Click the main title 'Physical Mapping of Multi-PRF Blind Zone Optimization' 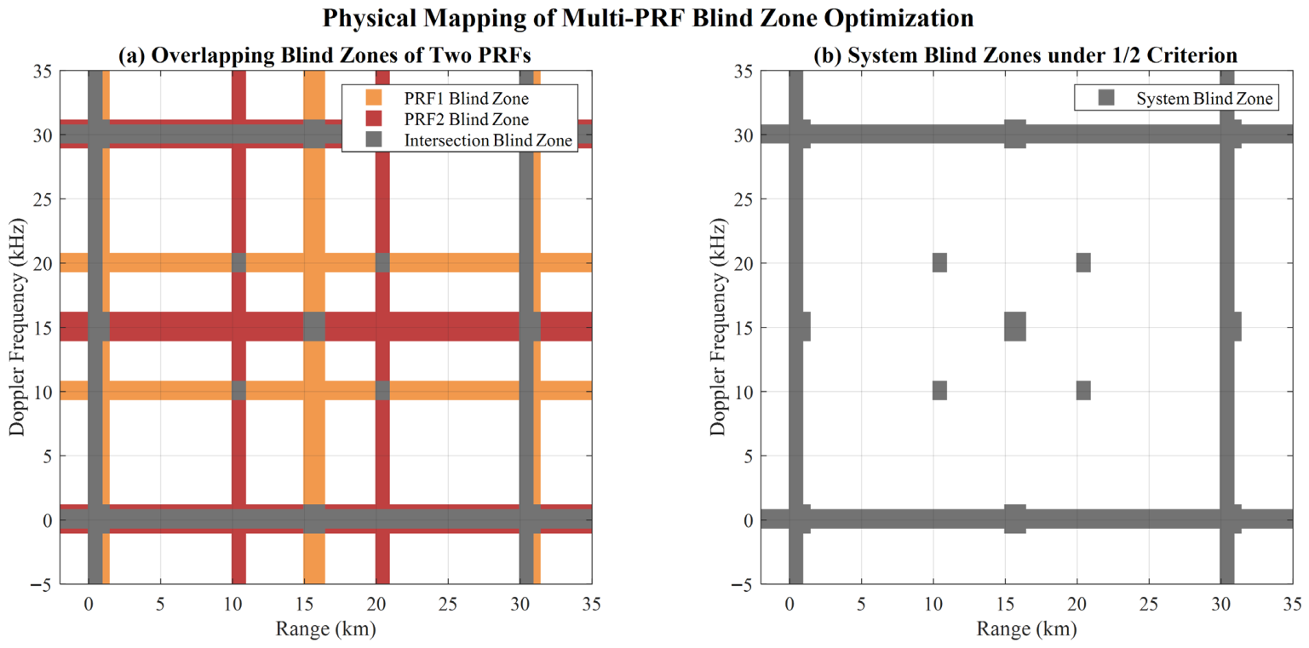click(648, 18)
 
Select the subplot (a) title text click(324, 55)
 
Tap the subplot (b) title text click(1025, 55)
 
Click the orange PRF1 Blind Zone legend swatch click(373, 98)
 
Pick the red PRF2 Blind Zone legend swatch click(373, 118)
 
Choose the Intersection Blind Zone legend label click(488, 140)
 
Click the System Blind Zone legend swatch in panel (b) click(1106, 98)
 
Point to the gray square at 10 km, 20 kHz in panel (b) click(939, 263)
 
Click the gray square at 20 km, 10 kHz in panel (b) click(1083, 390)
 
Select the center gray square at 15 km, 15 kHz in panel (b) click(1016, 327)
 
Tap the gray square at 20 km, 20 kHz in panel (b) click(1083, 263)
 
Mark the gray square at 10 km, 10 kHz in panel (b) click(939, 390)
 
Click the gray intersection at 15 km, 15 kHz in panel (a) click(314, 327)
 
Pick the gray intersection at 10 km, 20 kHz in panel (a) click(239, 263)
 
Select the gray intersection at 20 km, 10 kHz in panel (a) click(382, 390)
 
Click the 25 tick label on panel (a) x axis click(448, 605)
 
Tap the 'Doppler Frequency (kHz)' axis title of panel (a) click(17, 327)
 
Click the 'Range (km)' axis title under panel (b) click(1027, 628)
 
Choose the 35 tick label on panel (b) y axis click(743, 72)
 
